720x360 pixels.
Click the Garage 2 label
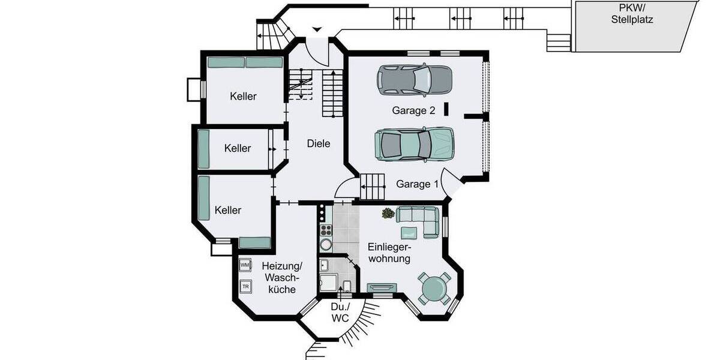click(413, 110)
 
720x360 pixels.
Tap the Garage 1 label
click(418, 184)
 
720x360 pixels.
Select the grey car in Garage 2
click(414, 79)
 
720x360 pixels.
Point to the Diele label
click(319, 143)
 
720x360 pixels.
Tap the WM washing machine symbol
click(245, 265)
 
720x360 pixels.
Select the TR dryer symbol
click(245, 286)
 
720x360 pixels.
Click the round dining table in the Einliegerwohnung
click(434, 289)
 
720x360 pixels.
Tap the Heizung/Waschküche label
click(282, 277)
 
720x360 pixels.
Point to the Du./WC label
click(340, 312)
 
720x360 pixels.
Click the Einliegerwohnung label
click(389, 253)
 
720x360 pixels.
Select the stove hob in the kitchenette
click(325, 230)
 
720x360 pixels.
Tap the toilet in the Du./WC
click(346, 284)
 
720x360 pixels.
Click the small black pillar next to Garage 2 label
click(446, 109)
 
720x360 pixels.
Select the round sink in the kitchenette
click(326, 245)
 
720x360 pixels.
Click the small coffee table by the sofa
click(409, 232)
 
